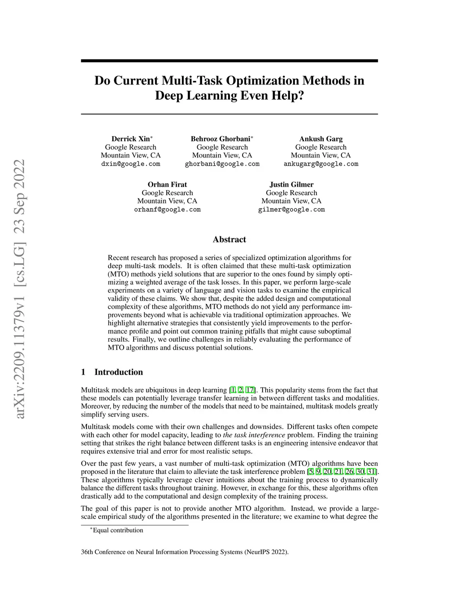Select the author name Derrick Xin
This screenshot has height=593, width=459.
tap(130, 139)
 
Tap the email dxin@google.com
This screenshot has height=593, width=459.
tap(130, 164)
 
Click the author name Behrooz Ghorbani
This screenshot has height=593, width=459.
tap(221, 139)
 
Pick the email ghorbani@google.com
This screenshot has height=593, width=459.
tap(222, 164)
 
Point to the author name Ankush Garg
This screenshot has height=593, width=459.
tap(321, 139)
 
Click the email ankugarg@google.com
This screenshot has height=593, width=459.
tap(321, 164)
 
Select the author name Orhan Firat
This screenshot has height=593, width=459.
tap(167, 184)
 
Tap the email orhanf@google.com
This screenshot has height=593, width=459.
tap(167, 209)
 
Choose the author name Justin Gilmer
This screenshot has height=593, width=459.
tap(291, 184)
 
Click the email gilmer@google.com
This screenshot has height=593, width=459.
tap(291, 209)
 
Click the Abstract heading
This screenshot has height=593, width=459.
tap(229, 239)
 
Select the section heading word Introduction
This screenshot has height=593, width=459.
tap(119, 372)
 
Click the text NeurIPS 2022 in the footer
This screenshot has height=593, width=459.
tap(266, 552)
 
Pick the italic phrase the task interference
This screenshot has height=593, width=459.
tap(254, 435)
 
